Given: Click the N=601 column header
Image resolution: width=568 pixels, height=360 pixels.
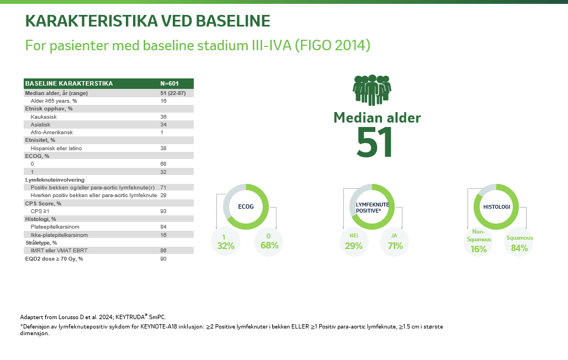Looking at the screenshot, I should [x=169, y=83].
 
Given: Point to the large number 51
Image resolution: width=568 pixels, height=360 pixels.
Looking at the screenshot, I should [x=375, y=142].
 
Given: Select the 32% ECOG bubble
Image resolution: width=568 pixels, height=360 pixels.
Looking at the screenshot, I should [x=226, y=242].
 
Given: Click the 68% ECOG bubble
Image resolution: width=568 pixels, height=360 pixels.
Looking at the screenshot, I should [x=269, y=242].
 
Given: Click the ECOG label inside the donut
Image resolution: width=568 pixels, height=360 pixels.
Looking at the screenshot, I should [x=246, y=207].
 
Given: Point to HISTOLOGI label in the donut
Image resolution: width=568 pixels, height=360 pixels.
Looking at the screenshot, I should [x=496, y=207].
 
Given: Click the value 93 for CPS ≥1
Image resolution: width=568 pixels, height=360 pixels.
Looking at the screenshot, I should [x=163, y=211].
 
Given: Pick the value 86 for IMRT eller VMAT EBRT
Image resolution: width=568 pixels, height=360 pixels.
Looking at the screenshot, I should [x=163, y=250].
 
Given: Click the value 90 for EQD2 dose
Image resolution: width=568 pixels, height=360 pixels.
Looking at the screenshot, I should [x=163, y=258].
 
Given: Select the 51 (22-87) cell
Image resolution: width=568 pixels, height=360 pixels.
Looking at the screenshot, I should [x=173, y=93].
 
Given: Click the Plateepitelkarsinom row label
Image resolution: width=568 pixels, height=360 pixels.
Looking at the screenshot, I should [x=57, y=227].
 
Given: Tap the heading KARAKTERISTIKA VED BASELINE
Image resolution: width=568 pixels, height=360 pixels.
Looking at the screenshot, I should [x=148, y=21].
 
